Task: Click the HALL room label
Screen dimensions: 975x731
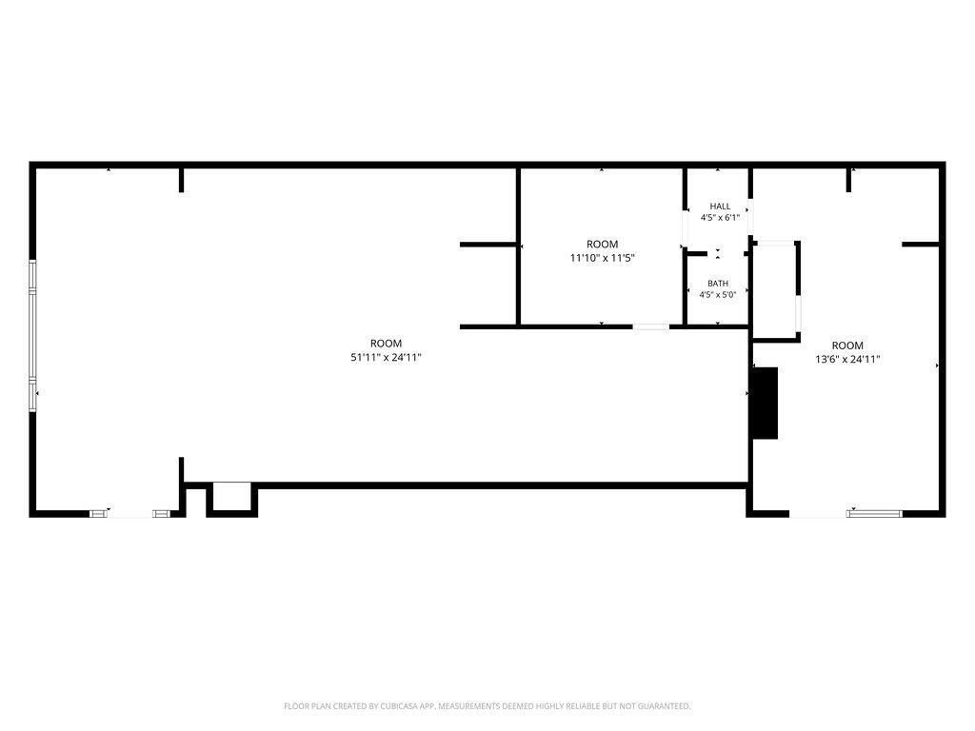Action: click(720, 207)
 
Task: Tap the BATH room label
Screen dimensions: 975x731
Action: click(718, 284)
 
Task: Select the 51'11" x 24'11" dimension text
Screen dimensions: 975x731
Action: click(387, 358)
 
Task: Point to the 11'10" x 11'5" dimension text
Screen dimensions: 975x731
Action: click(602, 258)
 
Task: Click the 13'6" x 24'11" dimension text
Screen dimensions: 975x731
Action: click(847, 359)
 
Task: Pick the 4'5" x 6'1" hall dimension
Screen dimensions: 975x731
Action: click(720, 218)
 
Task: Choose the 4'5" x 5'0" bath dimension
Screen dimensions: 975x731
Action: click(718, 295)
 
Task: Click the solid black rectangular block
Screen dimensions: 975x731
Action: click(765, 404)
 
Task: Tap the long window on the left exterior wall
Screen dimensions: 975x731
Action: click(33, 336)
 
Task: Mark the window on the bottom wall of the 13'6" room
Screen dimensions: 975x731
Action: click(874, 513)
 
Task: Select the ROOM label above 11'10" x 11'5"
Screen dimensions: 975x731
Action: click(602, 245)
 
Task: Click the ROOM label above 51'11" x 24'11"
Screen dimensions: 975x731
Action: click(387, 343)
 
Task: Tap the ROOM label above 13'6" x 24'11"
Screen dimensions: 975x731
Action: click(847, 346)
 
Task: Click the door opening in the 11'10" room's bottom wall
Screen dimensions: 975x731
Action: click(651, 326)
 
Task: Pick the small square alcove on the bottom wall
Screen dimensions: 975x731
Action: click(232, 497)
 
